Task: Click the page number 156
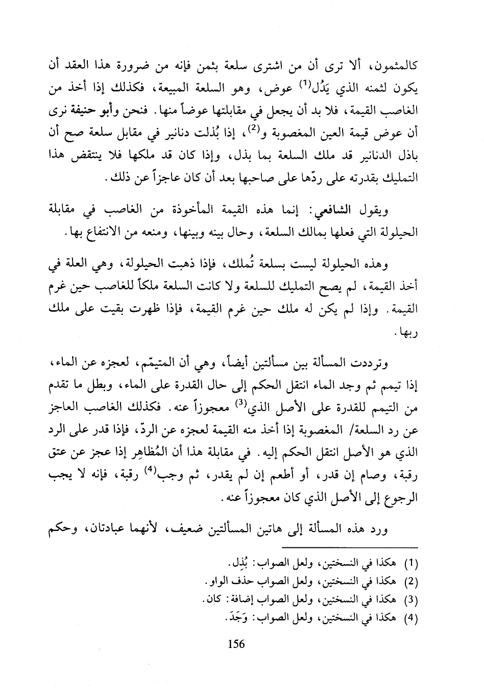(x=236, y=644)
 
